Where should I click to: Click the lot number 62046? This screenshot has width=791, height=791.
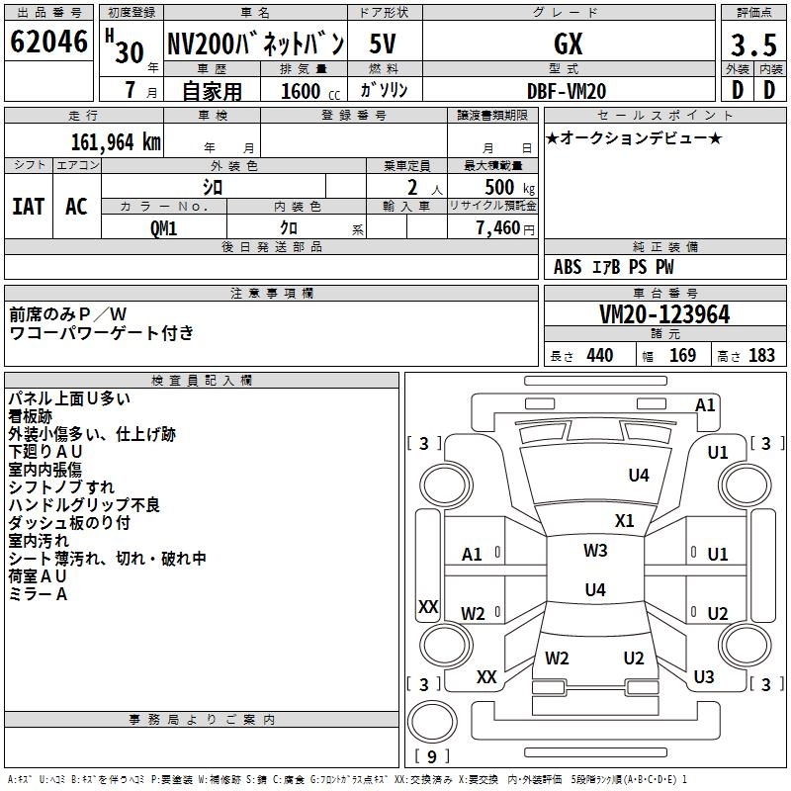pyautogui.click(x=48, y=44)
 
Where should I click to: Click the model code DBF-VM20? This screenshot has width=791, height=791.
pyautogui.click(x=567, y=91)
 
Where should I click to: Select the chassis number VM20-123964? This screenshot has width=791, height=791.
pyautogui.click(x=664, y=314)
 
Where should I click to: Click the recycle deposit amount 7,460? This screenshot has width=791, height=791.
pyautogui.click(x=496, y=228)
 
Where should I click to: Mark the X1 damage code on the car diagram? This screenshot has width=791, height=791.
pyautogui.click(x=625, y=521)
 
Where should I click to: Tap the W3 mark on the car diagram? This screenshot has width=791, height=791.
pyautogui.click(x=595, y=551)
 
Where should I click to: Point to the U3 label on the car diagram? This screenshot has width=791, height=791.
pyautogui.click(x=704, y=677)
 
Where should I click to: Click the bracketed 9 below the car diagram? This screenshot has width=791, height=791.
pyautogui.click(x=430, y=757)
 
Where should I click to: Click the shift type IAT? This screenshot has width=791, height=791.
pyautogui.click(x=29, y=207)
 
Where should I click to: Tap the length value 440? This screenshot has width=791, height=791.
pyautogui.click(x=599, y=356)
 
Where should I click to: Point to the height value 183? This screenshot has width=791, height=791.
pyautogui.click(x=761, y=356)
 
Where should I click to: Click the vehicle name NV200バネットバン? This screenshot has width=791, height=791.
pyautogui.click(x=255, y=45)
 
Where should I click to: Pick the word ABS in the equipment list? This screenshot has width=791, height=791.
pyautogui.click(x=568, y=267)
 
